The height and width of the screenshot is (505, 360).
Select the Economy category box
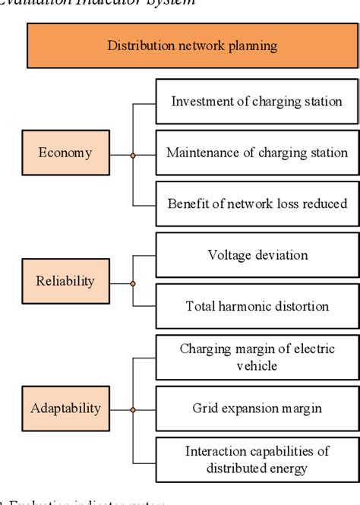[65, 153]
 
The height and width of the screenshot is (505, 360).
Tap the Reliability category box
[65, 281]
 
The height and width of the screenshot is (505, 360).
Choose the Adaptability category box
[65, 409]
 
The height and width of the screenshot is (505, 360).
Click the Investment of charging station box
[257, 102]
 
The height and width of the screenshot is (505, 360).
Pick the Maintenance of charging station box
[257, 153]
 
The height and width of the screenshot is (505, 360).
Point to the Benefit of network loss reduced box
[257, 204]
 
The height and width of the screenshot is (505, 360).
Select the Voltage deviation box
[257, 255]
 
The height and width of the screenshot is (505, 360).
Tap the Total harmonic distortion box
[257, 307]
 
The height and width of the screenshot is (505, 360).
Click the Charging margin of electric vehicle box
[257, 357]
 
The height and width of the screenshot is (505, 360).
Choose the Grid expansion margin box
[257, 409]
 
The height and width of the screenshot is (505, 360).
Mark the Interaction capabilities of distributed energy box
[257, 459]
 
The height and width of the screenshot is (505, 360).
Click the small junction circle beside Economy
[133, 155]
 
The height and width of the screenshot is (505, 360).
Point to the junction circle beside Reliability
[133, 282]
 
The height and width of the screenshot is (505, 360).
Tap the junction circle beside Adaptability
[133, 410]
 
